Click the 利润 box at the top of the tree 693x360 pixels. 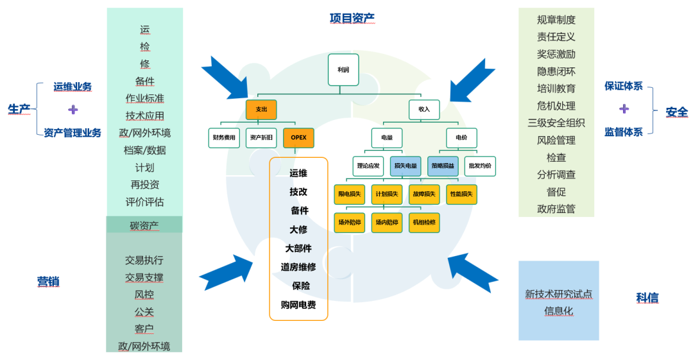(x=343, y=69)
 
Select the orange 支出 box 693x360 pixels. (x=261, y=109)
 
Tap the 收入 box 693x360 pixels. (x=424, y=109)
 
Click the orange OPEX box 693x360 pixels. (x=298, y=137)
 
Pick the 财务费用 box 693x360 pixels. (x=224, y=137)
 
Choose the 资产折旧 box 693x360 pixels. (x=261, y=137)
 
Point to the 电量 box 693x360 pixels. (x=387, y=137)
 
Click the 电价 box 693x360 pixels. (x=461, y=137)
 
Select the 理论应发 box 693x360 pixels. (x=368, y=166)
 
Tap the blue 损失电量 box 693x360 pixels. (x=406, y=166)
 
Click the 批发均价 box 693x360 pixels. (x=480, y=166)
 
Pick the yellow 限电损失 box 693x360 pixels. (x=350, y=194)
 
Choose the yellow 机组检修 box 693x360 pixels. (x=424, y=222)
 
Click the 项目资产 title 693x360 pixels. (x=352, y=18)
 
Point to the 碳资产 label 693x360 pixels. (x=144, y=225)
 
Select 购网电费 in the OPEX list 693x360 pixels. (x=298, y=305)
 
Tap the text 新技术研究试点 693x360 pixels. (x=558, y=294)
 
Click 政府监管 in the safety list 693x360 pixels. (x=556, y=209)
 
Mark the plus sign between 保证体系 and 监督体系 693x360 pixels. (x=624, y=108)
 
